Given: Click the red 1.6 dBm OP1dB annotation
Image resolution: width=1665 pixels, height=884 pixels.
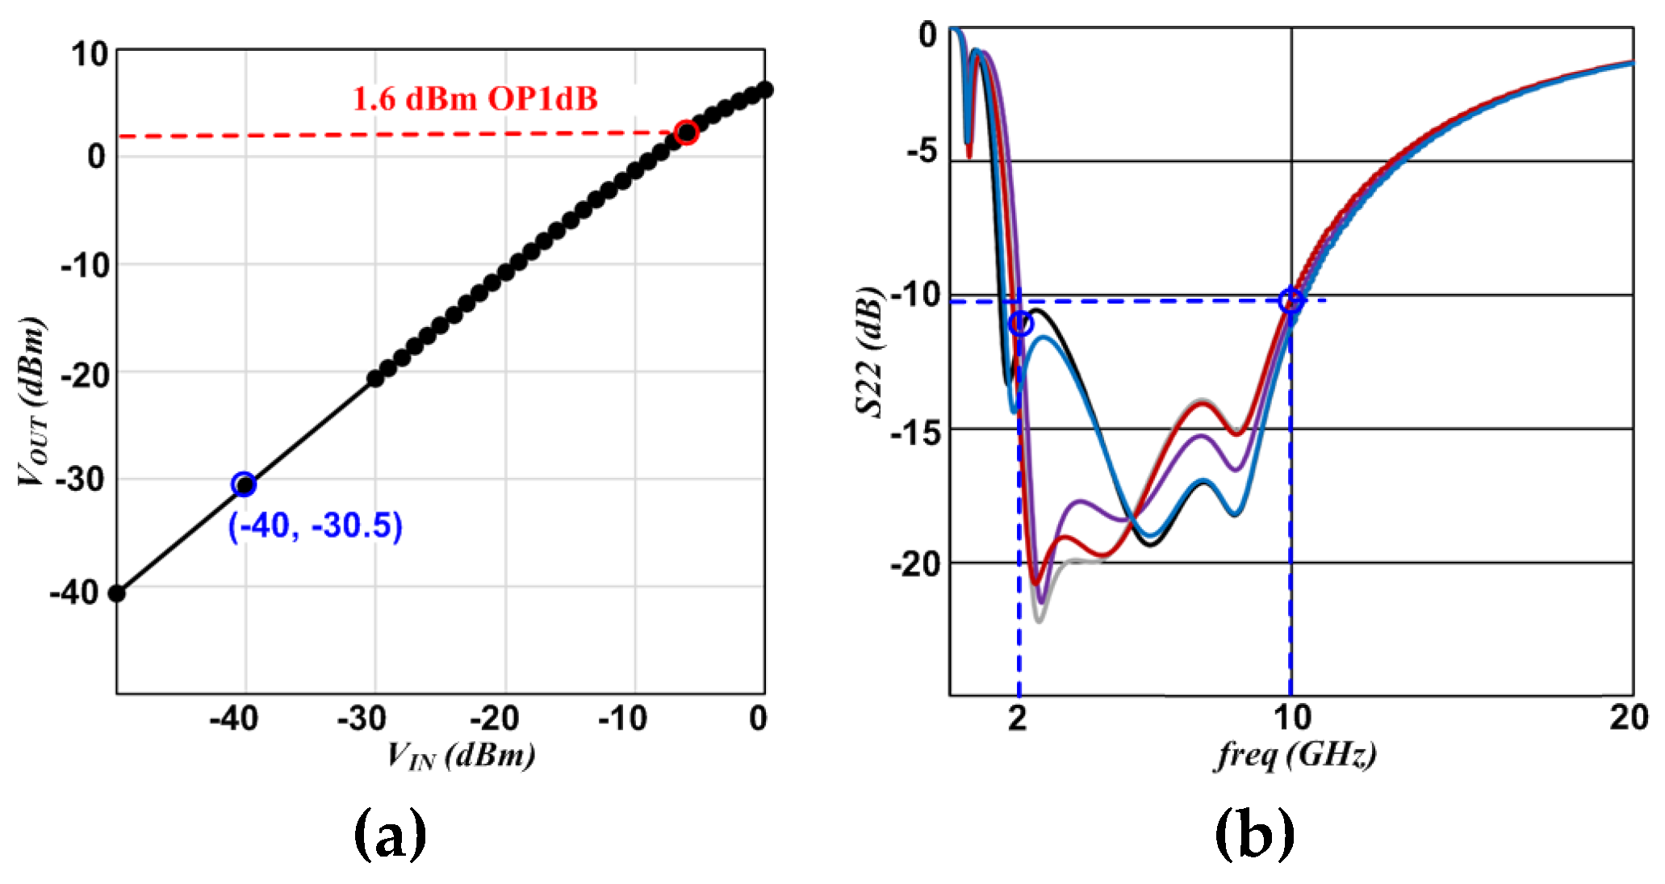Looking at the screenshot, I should tap(475, 99).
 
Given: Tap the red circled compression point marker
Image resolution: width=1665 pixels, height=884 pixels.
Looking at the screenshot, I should tap(686, 132).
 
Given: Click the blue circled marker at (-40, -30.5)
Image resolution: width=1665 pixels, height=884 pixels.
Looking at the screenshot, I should tap(244, 484).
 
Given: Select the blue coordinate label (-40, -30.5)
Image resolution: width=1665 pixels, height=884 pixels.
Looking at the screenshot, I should tap(315, 526).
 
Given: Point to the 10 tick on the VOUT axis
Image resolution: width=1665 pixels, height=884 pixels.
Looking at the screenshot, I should tap(90, 55).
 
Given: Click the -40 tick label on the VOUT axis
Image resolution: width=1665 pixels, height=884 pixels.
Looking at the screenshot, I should tap(74, 593).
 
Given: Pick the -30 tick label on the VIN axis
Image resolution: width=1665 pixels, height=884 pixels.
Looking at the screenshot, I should tap(362, 718).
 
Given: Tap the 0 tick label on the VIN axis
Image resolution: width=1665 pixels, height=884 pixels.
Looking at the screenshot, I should tap(758, 718).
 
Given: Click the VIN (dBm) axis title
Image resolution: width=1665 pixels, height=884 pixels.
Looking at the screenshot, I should tap(461, 756).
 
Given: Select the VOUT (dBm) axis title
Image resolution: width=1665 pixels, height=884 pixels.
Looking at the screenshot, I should tap(32, 401).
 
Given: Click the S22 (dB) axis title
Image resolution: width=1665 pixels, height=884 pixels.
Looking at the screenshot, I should tap(870, 351).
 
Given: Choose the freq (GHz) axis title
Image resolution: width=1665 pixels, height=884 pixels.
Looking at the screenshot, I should tap(1295, 756).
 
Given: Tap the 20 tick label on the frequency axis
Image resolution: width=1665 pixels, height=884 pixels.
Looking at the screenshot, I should tap(1629, 718).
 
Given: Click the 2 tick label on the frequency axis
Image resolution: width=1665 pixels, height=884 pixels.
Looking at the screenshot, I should tap(1017, 718).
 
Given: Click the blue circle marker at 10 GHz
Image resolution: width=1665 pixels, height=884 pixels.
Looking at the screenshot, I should tap(1291, 300).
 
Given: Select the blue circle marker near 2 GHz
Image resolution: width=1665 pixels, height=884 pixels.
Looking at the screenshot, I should tap(1021, 324).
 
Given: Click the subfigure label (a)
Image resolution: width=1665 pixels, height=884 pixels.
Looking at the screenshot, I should tap(390, 836).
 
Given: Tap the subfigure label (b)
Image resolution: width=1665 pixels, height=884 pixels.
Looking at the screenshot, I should tap(1254, 836).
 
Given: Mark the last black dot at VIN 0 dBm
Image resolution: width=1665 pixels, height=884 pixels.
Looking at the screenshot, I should tap(765, 90).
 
